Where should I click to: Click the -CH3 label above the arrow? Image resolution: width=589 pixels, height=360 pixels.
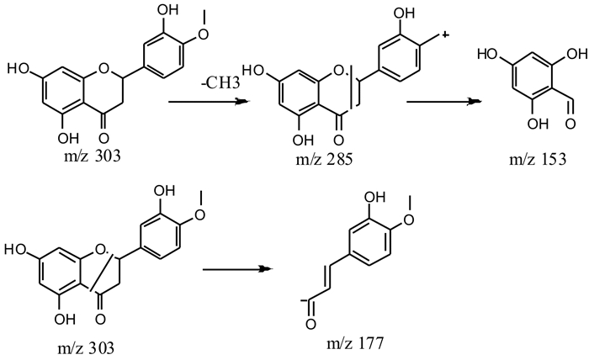pyautogui.click(x=220, y=82)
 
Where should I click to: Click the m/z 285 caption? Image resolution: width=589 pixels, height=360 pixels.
pyautogui.click(x=324, y=160)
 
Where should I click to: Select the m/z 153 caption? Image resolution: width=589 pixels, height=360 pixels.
pyautogui.click(x=538, y=159)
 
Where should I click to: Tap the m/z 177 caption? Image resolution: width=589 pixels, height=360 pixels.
pyautogui.click(x=355, y=343)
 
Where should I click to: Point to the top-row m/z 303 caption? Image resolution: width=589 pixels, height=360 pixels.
pyautogui.click(x=93, y=156)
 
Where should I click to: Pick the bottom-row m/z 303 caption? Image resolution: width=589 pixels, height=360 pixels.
pyautogui.click(x=86, y=348)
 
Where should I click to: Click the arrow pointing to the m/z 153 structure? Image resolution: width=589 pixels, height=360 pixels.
pyautogui.click(x=443, y=101)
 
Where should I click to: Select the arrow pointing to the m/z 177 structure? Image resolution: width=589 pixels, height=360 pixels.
pyautogui.click(x=238, y=269)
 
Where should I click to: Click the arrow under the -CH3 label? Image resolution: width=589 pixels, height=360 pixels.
pyautogui.click(x=209, y=101)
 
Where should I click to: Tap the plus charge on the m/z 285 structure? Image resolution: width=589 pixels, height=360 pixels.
pyautogui.click(x=445, y=35)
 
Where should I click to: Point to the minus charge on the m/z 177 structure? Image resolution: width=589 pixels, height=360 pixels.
pyautogui.click(x=302, y=300)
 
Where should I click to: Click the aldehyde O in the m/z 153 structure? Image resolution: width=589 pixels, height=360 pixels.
pyautogui.click(x=570, y=124)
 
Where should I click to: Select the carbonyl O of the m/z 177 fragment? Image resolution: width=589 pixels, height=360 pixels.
pyautogui.click(x=310, y=324)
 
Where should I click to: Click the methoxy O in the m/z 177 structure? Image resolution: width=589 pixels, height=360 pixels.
pyautogui.click(x=408, y=220)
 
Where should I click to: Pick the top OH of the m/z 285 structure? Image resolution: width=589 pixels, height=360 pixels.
pyautogui.click(x=404, y=13)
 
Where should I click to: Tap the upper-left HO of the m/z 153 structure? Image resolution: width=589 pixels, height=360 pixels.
pyautogui.click(x=487, y=55)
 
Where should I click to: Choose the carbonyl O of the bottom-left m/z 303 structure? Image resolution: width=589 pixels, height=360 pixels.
pyautogui.click(x=100, y=320)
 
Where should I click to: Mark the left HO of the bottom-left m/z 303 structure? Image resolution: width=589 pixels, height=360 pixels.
pyautogui.click(x=15, y=250)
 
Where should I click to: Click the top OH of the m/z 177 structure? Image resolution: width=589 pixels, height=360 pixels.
pyautogui.click(x=375, y=197)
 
